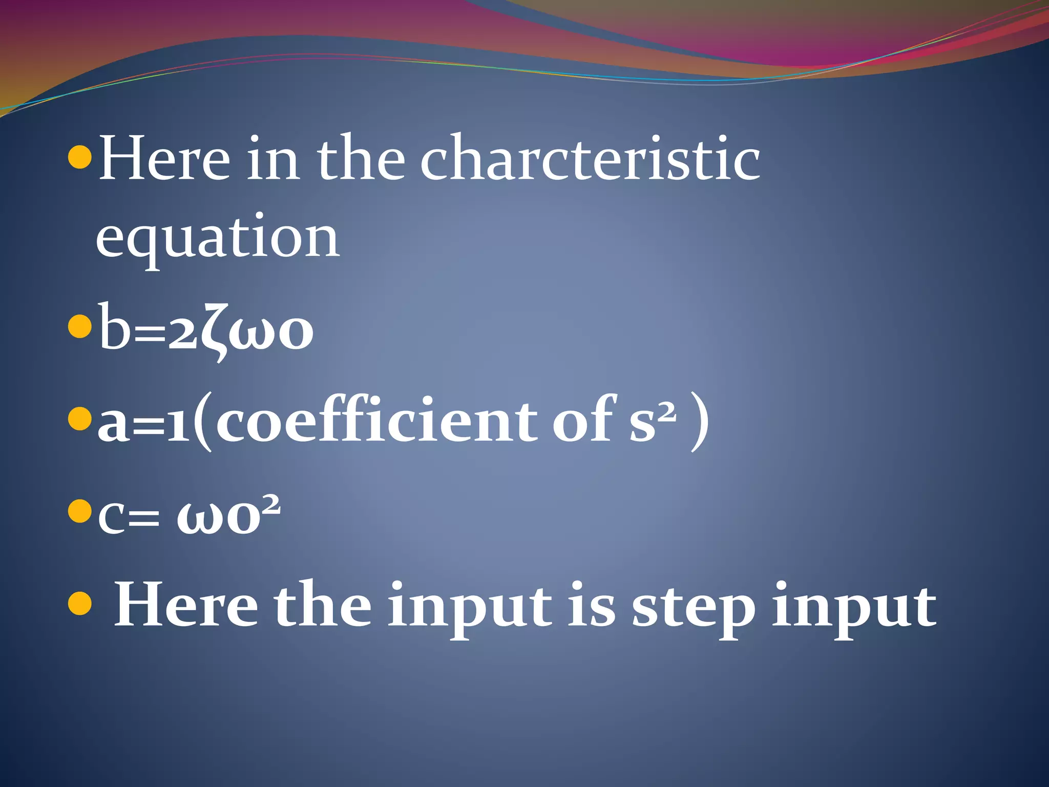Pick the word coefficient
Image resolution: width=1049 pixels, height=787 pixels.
377,420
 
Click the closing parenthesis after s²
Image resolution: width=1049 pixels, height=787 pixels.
700,421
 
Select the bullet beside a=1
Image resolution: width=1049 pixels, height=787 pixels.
79,419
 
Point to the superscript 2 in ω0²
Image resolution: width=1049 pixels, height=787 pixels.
270,504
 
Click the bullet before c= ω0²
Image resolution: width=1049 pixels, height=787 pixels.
79,510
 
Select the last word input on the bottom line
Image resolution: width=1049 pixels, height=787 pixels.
854,608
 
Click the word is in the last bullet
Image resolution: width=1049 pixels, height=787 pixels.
591,605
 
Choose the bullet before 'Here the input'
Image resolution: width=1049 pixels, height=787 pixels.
79,605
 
